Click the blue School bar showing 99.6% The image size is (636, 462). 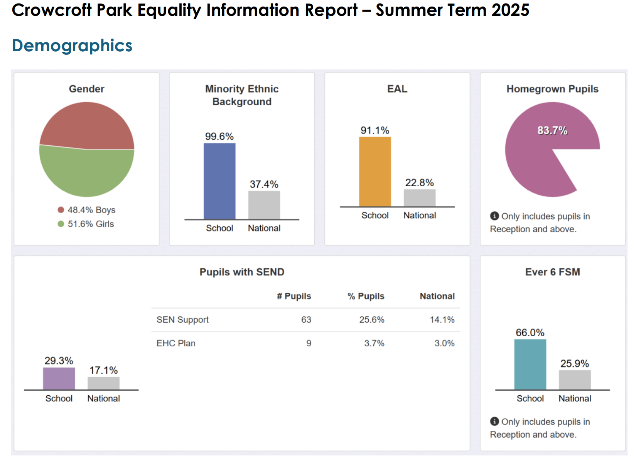click(x=219, y=181)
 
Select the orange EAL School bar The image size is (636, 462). click(x=375, y=172)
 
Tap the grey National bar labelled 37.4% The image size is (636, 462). click(x=264, y=205)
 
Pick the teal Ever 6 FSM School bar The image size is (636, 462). click(x=530, y=364)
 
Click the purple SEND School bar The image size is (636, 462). click(x=59, y=378)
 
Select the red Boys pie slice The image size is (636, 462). click(x=87, y=125)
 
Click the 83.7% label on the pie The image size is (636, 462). click(x=552, y=131)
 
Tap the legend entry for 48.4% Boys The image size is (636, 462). click(x=87, y=210)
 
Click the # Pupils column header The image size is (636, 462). click(x=294, y=296)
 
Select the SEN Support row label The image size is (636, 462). click(x=182, y=320)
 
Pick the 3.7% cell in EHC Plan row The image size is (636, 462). click(x=374, y=343)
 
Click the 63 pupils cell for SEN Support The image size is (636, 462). click(x=306, y=320)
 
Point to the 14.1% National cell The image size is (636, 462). click(x=442, y=320)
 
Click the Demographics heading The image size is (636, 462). click(x=72, y=46)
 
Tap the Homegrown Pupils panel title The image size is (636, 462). click(x=552, y=89)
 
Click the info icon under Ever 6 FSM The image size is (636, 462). click(x=494, y=421)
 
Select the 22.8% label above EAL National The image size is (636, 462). click(x=419, y=183)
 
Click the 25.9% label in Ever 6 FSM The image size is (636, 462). click(x=575, y=364)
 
